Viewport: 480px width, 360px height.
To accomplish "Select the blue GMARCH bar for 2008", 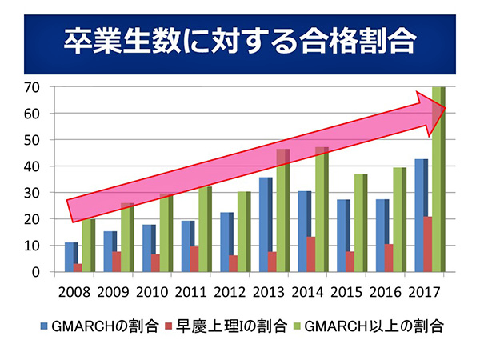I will click(70, 258).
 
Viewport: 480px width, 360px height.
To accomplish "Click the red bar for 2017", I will click(428, 244).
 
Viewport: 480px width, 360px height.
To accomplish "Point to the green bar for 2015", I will click(358, 223).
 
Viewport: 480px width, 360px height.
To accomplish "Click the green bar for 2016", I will click(398, 220).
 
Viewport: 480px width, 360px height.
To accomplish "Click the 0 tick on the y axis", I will click(34, 272).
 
